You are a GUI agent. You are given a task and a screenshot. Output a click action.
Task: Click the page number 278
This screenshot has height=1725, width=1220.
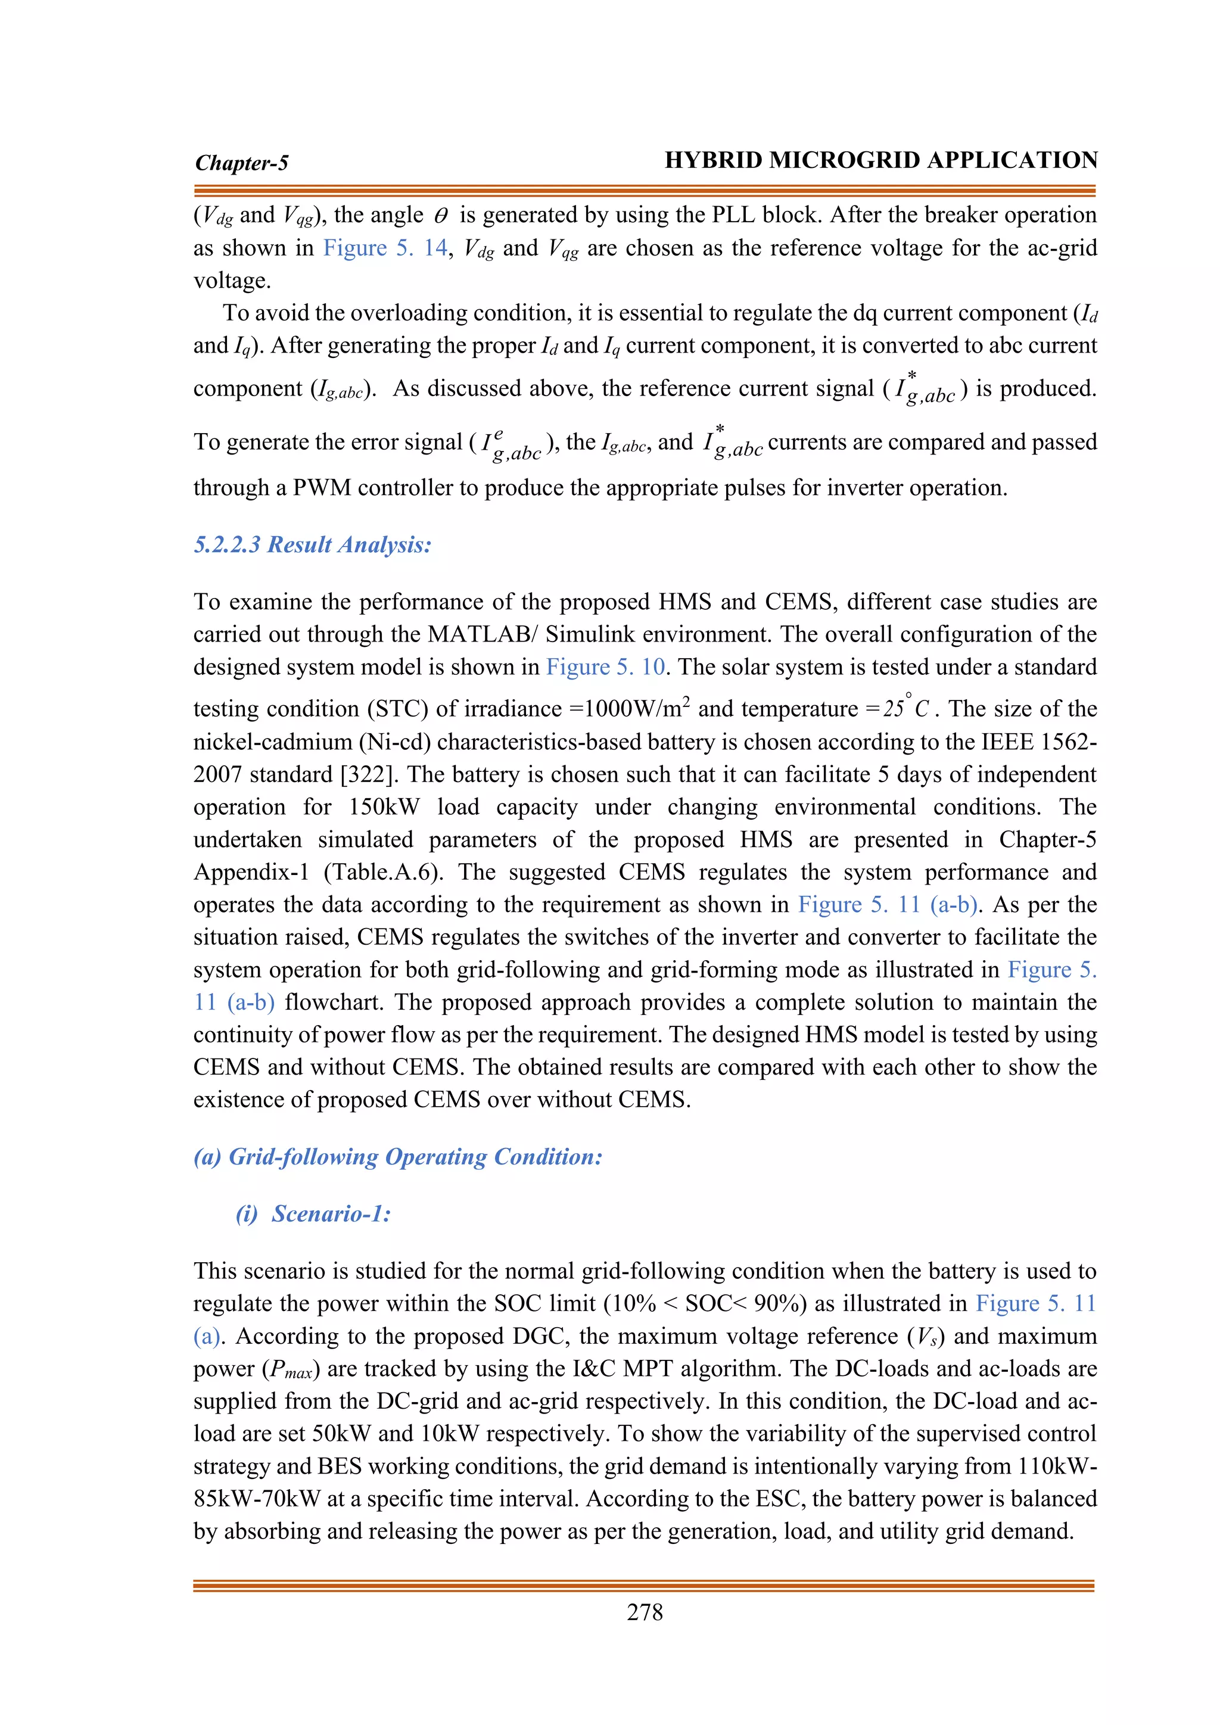click(645, 1612)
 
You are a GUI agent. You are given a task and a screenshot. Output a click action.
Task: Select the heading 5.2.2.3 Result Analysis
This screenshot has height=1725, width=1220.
click(313, 544)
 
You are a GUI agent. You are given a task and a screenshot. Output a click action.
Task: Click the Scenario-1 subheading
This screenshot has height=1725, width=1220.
click(331, 1213)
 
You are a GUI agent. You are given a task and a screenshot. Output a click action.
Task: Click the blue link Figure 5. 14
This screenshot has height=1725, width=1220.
click(385, 248)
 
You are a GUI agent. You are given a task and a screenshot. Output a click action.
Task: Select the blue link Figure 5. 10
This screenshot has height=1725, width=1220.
click(605, 667)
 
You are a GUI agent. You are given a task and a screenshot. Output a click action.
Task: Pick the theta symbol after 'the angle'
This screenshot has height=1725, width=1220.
click(441, 216)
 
